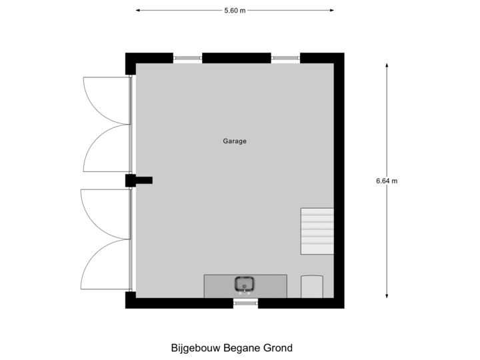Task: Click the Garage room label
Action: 235,141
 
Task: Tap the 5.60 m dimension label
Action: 235,10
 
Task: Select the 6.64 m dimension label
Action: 387,181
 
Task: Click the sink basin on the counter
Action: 245,285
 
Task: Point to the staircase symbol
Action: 317,231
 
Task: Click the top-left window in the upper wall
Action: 187,58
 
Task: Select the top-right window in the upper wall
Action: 285,58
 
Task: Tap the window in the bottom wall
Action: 245,304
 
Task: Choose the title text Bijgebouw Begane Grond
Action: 232,348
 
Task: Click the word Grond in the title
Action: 279,348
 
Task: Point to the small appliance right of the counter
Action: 312,286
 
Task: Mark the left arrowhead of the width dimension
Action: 137,10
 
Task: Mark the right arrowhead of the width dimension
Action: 333,10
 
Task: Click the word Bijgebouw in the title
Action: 192,348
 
